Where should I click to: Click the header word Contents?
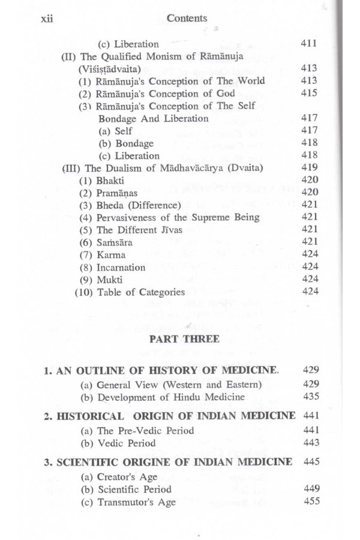pyautogui.click(x=187, y=18)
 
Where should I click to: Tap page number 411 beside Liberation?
pyautogui.click(x=310, y=44)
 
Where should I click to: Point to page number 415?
pyautogui.click(x=310, y=94)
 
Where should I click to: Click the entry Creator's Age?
pyautogui.click(x=129, y=478)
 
